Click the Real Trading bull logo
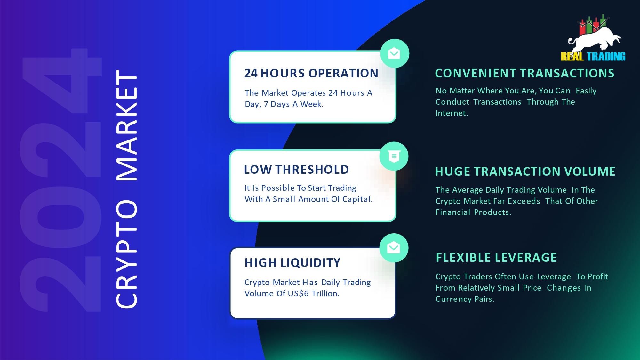[x=593, y=38]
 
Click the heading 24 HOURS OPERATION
[x=311, y=73]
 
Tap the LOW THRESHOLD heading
[x=296, y=170]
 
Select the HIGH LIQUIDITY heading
[x=292, y=263]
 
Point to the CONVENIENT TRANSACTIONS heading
[x=525, y=73]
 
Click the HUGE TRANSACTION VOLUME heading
[x=525, y=172]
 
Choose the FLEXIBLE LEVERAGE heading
[x=496, y=258]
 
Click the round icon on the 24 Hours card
[x=395, y=53]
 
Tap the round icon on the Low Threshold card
[x=394, y=156]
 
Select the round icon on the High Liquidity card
[x=394, y=248]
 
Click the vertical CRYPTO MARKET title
[x=127, y=189]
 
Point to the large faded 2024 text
[x=61, y=180]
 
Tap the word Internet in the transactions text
[x=452, y=113]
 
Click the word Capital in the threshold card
[x=357, y=199]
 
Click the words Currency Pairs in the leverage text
[x=465, y=299]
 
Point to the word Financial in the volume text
[x=453, y=212]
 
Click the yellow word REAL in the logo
[x=572, y=57]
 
